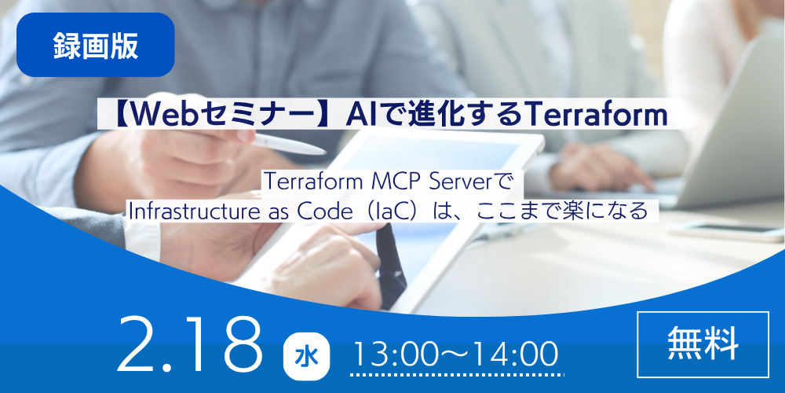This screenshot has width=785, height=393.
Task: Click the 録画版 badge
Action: [x=95, y=45]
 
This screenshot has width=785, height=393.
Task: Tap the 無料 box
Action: [x=703, y=344]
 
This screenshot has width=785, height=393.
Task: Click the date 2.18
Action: [x=190, y=345]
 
